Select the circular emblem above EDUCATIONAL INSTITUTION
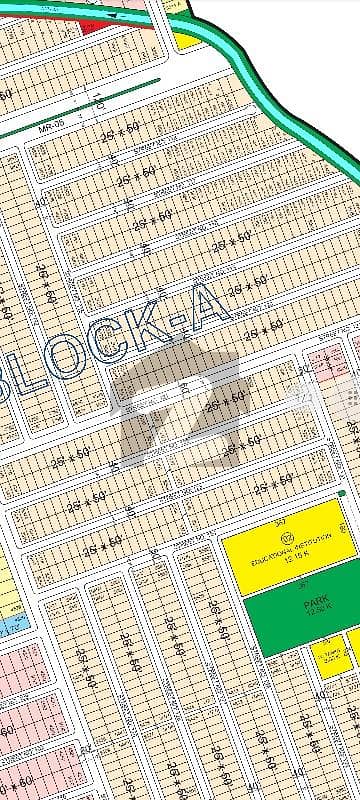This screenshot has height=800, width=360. pyautogui.click(x=288, y=540)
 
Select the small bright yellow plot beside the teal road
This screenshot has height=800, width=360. pyautogui.click(x=186, y=40)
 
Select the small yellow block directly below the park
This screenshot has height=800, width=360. pyautogui.click(x=330, y=655)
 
